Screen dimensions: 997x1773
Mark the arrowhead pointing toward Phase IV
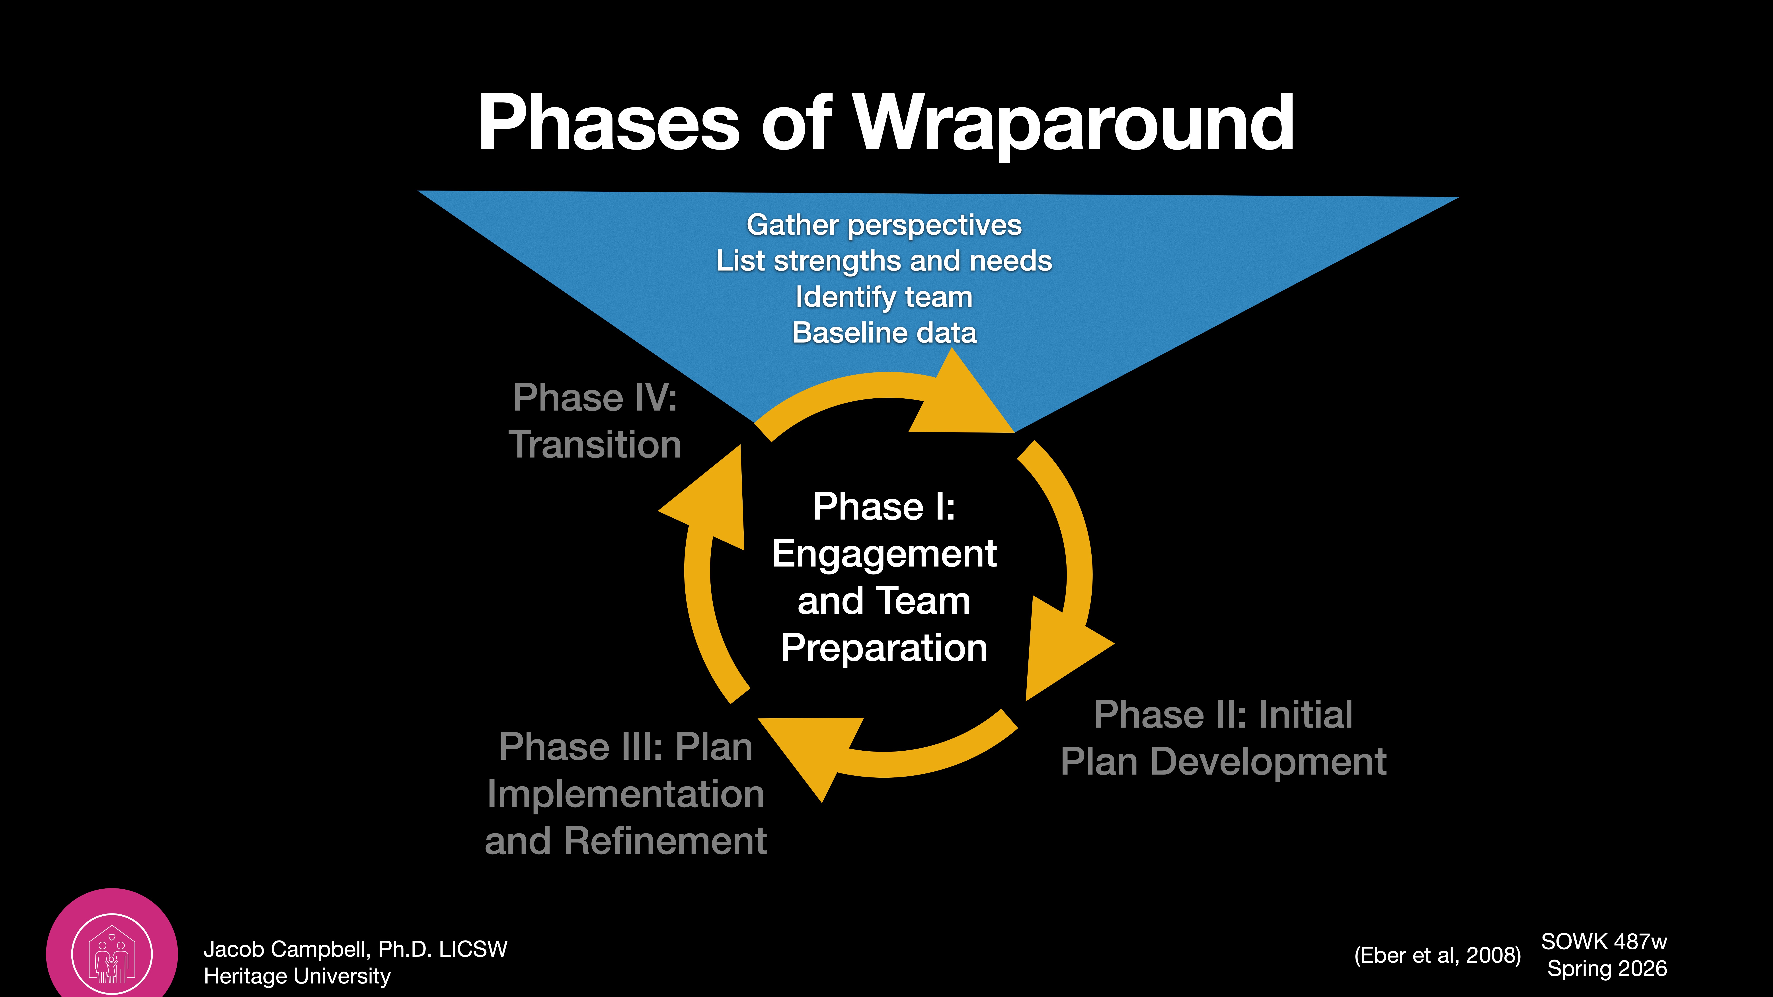[712, 502]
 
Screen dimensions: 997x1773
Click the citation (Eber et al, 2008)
[1437, 955]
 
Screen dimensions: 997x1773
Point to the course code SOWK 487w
[1604, 941]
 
